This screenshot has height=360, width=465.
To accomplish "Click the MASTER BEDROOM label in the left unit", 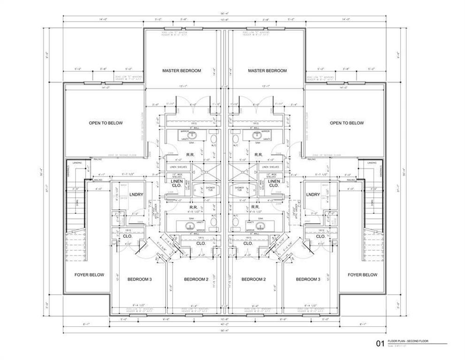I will pyautogui.click(x=182, y=71).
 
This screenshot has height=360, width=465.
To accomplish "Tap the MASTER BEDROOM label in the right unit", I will pyautogui.click(x=267, y=71).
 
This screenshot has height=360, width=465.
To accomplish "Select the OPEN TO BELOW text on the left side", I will pyautogui.click(x=106, y=123).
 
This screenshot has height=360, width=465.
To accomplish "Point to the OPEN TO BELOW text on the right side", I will pyautogui.click(x=346, y=123).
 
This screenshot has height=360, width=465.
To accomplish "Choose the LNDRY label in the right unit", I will pyautogui.click(x=313, y=195).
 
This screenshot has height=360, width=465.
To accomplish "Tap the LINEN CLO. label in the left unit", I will pyautogui.click(x=176, y=183).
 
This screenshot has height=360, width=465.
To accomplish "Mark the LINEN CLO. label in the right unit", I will pyautogui.click(x=274, y=183).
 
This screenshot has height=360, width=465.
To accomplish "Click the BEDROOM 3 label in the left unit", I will pyautogui.click(x=139, y=279).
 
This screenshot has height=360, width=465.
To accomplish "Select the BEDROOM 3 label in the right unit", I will pyautogui.click(x=308, y=279).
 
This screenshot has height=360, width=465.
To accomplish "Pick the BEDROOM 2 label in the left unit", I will pyautogui.click(x=196, y=279).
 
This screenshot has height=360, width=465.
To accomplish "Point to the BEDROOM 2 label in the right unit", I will pyautogui.click(x=253, y=279).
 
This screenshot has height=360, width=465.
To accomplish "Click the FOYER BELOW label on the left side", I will pyautogui.click(x=89, y=275).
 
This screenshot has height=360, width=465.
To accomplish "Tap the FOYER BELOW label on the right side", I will pyautogui.click(x=362, y=275).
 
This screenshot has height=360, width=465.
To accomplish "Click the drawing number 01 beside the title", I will pyautogui.click(x=380, y=344).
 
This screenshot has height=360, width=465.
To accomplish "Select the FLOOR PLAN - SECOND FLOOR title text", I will pyautogui.click(x=408, y=341).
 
